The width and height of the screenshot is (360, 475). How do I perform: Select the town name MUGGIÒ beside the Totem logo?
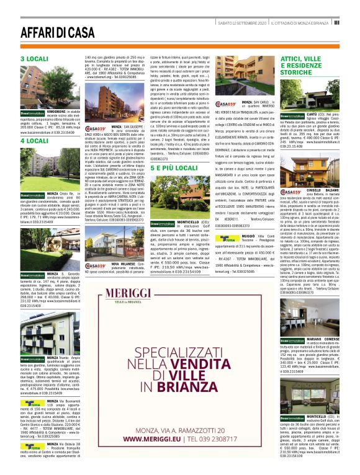pos(248,236)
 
